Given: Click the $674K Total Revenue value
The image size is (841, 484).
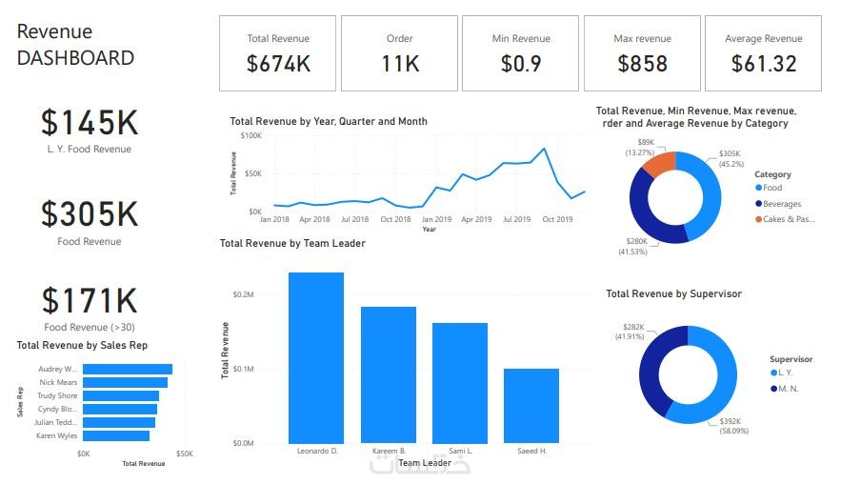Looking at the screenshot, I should pos(277,64).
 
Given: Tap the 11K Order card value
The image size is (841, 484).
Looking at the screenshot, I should pos(399,64).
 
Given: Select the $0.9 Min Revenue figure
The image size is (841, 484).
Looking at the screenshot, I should pos(521,64).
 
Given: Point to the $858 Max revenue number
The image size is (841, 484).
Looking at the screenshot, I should pos(642,64).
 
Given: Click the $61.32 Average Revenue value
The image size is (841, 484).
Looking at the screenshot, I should pos(764,64).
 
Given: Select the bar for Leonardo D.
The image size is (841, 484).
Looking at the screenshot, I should pos(316,357).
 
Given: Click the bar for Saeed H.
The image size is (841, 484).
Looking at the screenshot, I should pos(531,405).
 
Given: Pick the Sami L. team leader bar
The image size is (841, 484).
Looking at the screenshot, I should pos(460,382).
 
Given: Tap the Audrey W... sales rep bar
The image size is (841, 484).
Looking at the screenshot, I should pos(128,369).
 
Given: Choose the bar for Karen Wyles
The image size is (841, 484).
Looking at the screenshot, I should pos(116,435).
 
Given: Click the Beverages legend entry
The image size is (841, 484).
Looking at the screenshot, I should pos(781,204).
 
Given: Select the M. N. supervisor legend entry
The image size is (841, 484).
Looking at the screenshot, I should pos(790,388).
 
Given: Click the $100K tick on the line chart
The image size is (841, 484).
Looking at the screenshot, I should pos(250,135).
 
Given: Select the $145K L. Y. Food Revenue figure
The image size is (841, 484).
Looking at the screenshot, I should pos(90,122).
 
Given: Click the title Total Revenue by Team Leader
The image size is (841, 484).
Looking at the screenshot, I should pos(292,244).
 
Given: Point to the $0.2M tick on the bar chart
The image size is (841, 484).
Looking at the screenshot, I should pos(243,294).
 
